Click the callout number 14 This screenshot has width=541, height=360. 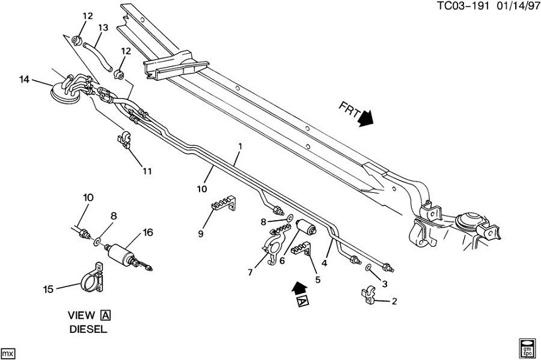coord(24,80)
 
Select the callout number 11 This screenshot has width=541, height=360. coord(147,171)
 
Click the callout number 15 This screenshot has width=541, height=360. coord(47,288)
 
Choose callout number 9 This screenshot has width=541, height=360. coord(200,233)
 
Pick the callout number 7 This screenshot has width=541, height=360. coord(250,272)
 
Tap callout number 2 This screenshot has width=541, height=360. coord(394,302)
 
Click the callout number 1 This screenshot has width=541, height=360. coord(240,145)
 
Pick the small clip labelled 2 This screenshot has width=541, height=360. coord(369,294)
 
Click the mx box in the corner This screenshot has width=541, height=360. coord(8,352)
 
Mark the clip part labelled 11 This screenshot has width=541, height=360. coord(124,141)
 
